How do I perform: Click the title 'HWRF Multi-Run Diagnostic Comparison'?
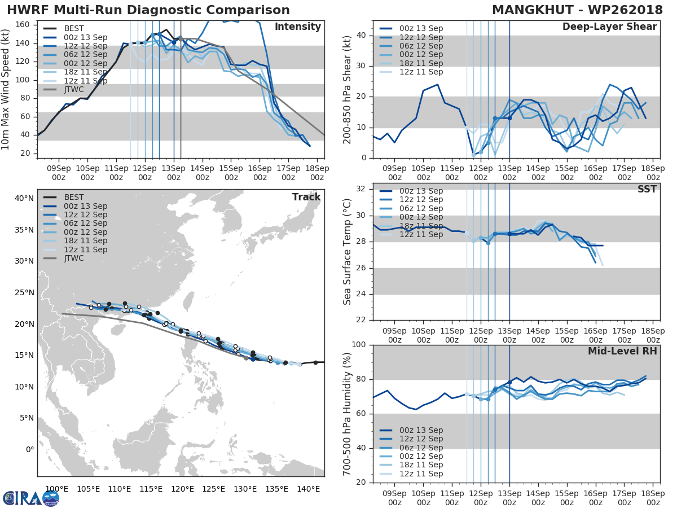(148, 10)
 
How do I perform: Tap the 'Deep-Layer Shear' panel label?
(609, 27)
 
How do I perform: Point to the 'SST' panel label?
(647, 189)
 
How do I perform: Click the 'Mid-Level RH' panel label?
(622, 351)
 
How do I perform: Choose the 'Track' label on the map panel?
(306, 197)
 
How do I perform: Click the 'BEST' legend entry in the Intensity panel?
(74, 28)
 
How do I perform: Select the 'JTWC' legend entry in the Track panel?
(74, 258)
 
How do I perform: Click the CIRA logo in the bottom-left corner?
(31, 498)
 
